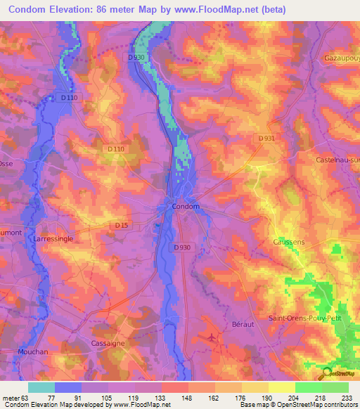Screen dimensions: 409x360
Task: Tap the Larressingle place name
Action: coord(53,239)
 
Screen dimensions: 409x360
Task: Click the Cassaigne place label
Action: coord(107,343)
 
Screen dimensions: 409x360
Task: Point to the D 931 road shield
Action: coord(266,139)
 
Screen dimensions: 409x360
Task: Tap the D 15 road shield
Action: coord(122,225)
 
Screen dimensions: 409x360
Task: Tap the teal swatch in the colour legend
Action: coord(41,387)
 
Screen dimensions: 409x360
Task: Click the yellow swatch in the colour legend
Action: coord(282,387)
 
